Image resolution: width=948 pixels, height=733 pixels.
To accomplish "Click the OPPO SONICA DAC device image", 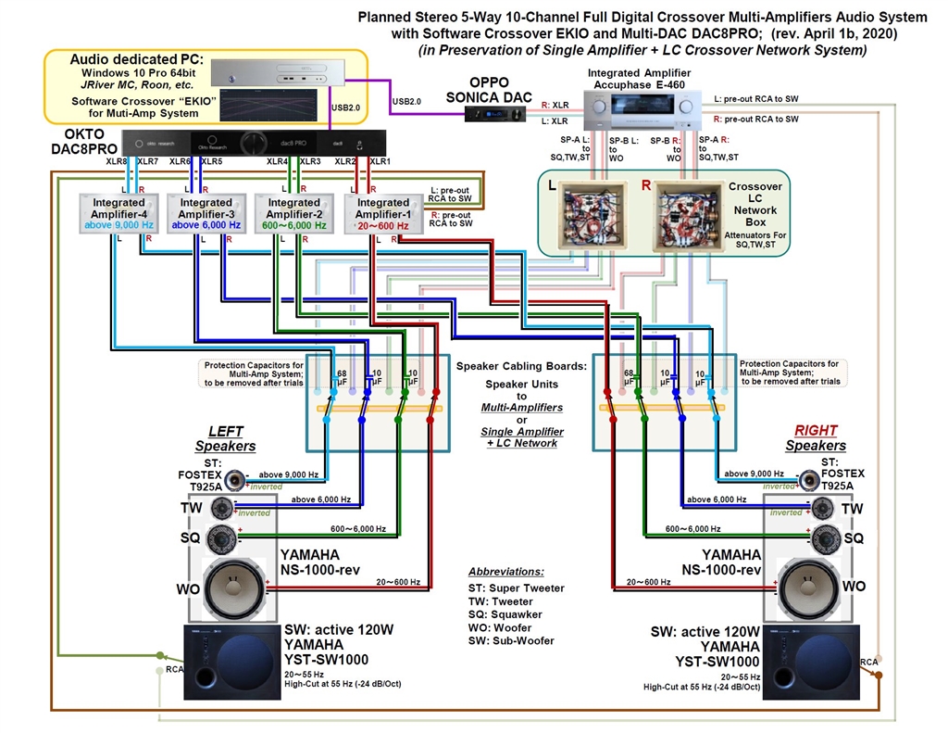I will coord(493,114).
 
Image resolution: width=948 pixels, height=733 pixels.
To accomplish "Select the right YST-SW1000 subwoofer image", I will coord(814,662).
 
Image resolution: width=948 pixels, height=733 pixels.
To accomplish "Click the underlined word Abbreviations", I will coord(505,572).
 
